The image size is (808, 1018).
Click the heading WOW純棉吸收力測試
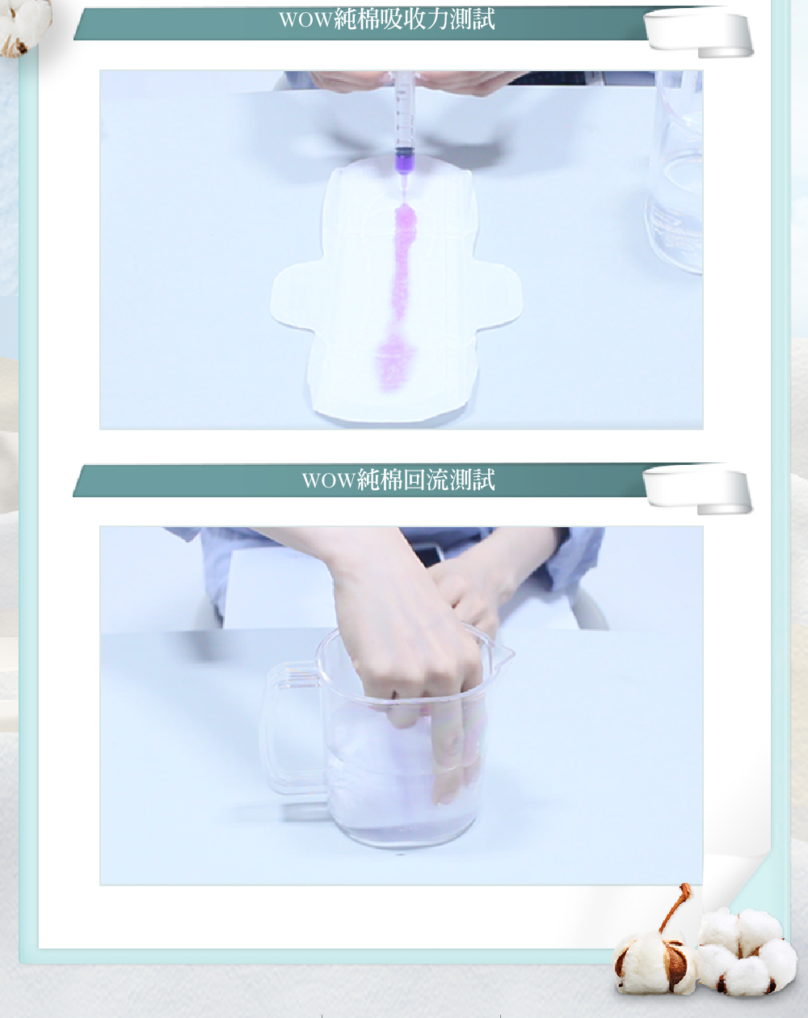click(x=387, y=19)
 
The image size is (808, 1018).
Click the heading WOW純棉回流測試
click(x=398, y=479)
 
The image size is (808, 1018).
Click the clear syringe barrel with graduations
click(x=405, y=112)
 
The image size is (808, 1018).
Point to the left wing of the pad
click(x=292, y=296)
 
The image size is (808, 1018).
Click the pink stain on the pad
click(x=398, y=298)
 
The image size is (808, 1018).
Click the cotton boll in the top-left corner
click(x=23, y=26)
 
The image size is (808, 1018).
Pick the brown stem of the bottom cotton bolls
click(x=675, y=906)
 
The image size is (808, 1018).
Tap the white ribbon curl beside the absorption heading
click(x=699, y=33)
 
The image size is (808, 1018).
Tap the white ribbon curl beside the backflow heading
click(x=698, y=491)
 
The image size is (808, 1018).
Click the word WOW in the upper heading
click(x=305, y=20)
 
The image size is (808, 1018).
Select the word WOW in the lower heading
click(x=329, y=480)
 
